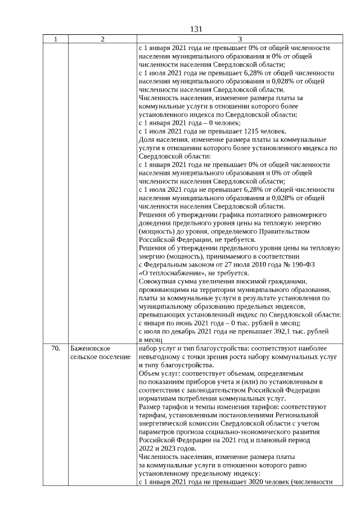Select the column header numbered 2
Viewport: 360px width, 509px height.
click(102, 39)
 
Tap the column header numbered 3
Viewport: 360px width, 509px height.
click(240, 39)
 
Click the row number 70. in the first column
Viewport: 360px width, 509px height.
click(55, 348)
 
